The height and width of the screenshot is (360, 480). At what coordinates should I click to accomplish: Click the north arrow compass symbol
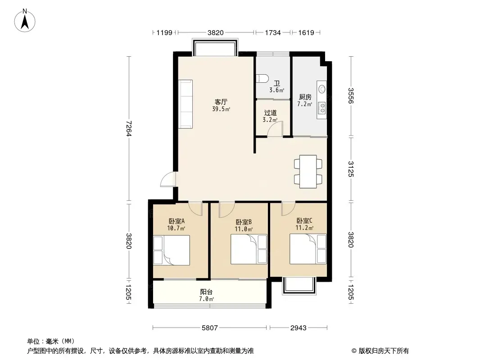pyautogui.click(x=25, y=21)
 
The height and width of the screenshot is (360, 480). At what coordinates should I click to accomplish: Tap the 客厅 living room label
pyautogui.click(x=221, y=102)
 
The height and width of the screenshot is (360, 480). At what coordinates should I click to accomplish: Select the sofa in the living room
pyautogui.click(x=186, y=104)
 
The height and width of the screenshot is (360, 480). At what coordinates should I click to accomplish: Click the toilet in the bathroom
pyautogui.click(x=263, y=78)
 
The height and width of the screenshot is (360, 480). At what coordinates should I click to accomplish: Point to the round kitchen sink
pyautogui.click(x=322, y=89)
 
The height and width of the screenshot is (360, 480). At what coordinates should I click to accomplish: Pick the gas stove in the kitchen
pyautogui.click(x=322, y=108)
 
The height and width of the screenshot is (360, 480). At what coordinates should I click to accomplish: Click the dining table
pyautogui.click(x=308, y=171)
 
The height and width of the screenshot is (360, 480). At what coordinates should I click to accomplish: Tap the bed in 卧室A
pyautogui.click(x=172, y=250)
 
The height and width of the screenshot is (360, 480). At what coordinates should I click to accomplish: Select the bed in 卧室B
pyautogui.click(x=249, y=249)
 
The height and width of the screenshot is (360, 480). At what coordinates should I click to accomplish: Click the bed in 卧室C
pyautogui.click(x=308, y=249)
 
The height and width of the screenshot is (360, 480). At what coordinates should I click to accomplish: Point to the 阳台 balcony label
pyautogui.click(x=206, y=292)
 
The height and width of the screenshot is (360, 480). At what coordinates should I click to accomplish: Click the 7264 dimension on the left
pyautogui.click(x=129, y=128)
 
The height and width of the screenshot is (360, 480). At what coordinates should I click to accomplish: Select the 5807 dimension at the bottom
pyautogui.click(x=210, y=328)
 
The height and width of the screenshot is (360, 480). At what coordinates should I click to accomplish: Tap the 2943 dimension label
pyautogui.click(x=299, y=328)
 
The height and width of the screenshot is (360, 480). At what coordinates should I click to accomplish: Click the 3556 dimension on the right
pyautogui.click(x=351, y=96)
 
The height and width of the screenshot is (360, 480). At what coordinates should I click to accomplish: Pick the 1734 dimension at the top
pyautogui.click(x=273, y=32)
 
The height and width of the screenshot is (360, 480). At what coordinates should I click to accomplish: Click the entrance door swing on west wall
pyautogui.click(x=168, y=180)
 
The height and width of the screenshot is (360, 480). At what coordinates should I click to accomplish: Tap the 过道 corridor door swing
pyautogui.click(x=275, y=128)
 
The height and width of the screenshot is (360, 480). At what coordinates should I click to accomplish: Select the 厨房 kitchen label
pyautogui.click(x=305, y=97)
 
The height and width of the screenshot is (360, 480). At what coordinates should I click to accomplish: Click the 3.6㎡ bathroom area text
pyautogui.click(x=277, y=90)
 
